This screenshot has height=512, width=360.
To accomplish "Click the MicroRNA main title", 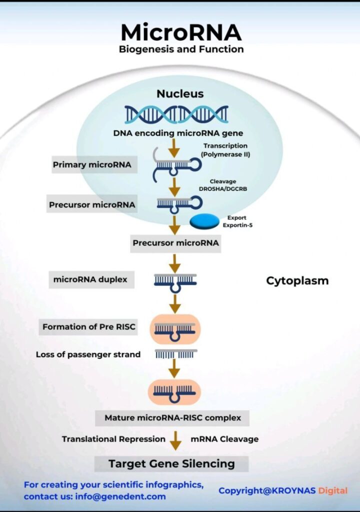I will [x=181, y=33].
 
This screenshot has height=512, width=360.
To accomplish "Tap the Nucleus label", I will [x=180, y=93].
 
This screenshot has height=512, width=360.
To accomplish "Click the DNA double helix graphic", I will [x=176, y=114].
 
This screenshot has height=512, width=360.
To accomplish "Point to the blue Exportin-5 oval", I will [x=204, y=220].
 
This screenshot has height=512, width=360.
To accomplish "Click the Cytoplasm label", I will [x=297, y=280].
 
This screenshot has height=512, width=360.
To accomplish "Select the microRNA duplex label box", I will [x=90, y=280].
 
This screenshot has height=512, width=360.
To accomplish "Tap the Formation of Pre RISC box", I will [x=89, y=327].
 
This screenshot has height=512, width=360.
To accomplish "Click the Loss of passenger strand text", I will [x=88, y=354].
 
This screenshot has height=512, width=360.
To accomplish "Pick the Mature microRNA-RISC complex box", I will [x=172, y=417].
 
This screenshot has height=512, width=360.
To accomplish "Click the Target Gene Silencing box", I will [x=171, y=463].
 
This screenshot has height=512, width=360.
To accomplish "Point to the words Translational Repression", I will [x=113, y=439].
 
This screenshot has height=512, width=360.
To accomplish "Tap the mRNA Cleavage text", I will [x=224, y=439].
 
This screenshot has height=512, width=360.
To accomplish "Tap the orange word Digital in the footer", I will [x=333, y=490].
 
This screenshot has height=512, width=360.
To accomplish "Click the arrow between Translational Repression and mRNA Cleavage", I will [x=175, y=440].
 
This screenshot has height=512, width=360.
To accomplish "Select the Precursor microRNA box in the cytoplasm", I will [x=175, y=243].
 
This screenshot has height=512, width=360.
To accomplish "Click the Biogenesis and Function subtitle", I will [x=181, y=49].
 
